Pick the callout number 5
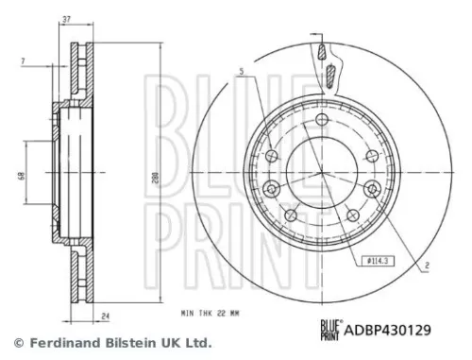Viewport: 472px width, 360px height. pyautogui.click(x=242, y=72)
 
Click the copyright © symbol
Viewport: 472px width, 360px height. pyautogui.click(x=16, y=343)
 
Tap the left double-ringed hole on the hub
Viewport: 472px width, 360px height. pyautogui.click(x=274, y=157)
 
